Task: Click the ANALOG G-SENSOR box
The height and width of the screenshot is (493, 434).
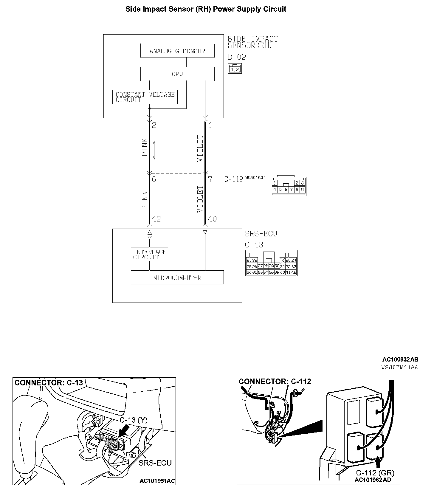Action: point(177,51)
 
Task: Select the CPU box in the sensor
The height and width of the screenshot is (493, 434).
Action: point(177,74)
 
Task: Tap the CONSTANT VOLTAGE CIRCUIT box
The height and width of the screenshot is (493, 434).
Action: point(145,97)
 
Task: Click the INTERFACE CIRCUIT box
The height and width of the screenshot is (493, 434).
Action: point(149,254)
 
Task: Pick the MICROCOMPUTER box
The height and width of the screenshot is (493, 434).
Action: point(177,277)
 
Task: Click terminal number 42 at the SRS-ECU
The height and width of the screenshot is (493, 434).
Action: point(156,219)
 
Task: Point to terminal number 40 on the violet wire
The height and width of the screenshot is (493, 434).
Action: point(212,219)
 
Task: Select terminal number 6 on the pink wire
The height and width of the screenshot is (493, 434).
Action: point(154,179)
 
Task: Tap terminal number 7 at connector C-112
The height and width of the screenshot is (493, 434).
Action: point(210,179)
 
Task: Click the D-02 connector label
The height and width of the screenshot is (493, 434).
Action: point(237,57)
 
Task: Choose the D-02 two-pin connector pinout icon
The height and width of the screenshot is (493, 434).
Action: point(235,69)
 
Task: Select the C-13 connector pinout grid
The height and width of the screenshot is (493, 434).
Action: point(271,263)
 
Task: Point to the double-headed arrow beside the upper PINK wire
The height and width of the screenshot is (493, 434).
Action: point(154,150)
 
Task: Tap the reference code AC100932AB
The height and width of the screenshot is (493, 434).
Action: point(400,359)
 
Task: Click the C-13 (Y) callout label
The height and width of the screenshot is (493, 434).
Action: point(134,420)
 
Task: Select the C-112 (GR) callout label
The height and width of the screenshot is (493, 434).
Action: point(375,473)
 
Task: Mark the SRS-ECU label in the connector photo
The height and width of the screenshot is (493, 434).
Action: point(155,463)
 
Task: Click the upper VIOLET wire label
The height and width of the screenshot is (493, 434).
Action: point(201,148)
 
